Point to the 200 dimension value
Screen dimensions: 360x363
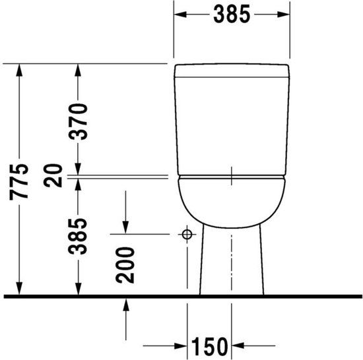point(125,264)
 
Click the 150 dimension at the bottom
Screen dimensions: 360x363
point(210,345)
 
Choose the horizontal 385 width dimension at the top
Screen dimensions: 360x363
point(232,14)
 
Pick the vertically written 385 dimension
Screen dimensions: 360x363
point(79,237)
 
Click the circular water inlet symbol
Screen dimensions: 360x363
point(187,234)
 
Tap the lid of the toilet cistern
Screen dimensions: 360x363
point(232,71)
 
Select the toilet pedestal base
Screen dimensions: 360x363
point(232,264)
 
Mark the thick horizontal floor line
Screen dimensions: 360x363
point(181,297)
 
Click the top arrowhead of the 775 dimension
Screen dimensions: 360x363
point(22,69)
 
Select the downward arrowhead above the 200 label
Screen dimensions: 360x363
point(125,227)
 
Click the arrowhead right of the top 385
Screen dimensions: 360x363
point(284,14)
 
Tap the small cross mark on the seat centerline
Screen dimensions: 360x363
point(232,176)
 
